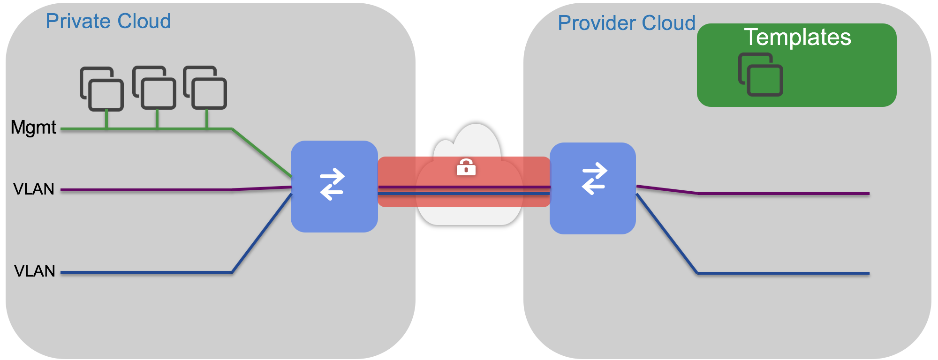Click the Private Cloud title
108,21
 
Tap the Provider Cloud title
626,23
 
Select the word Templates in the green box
797,37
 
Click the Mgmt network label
33,127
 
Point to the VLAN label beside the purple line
34,189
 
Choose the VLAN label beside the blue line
34,271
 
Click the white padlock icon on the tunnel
466,167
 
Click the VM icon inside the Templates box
760,75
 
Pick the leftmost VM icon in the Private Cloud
102,89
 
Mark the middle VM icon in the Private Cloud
154,88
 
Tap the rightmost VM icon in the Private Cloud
205,88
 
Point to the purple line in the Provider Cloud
783,193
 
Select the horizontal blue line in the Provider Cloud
783,273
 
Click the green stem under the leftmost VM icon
106,119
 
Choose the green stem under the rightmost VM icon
207,119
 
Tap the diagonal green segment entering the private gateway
262,152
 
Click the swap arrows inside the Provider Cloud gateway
594,178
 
